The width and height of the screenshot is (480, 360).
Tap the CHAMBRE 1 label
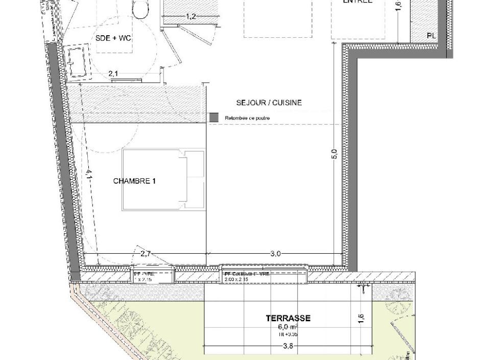[134, 181]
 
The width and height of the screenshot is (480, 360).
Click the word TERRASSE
[288, 318]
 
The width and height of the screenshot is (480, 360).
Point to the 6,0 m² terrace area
[287, 327]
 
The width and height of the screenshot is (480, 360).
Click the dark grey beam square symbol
[214, 117]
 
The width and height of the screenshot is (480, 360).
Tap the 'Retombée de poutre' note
[247, 118]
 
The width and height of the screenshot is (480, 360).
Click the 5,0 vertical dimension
[334, 154]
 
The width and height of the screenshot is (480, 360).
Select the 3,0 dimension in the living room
[276, 253]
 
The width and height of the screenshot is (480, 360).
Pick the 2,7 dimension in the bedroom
[146, 253]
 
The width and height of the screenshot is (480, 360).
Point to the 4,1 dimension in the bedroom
[88, 175]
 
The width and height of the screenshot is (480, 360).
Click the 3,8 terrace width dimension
[288, 346]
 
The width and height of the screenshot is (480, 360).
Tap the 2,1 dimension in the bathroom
[113, 75]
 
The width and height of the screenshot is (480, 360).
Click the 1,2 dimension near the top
[190, 17]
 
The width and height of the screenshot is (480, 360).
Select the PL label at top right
[431, 36]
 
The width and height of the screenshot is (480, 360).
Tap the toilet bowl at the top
[139, 9]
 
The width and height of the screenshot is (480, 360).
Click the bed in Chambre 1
[163, 180]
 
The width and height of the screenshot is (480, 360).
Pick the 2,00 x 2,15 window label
[236, 280]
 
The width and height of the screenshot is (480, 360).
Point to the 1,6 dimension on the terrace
[361, 318]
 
